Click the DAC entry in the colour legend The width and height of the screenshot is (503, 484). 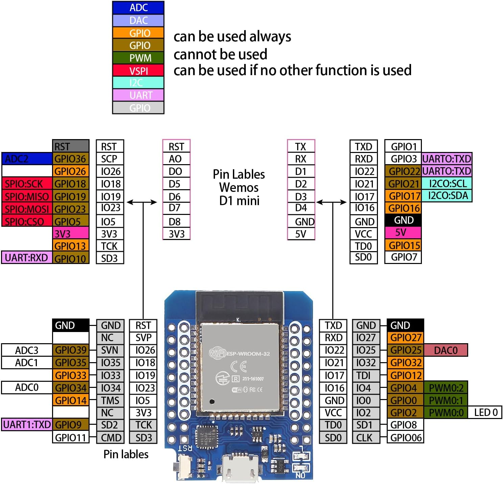(138, 20)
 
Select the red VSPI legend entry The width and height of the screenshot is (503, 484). (138, 70)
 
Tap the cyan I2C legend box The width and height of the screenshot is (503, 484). (138, 83)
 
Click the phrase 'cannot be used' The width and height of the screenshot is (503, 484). (220, 54)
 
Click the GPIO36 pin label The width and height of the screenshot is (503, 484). (71, 158)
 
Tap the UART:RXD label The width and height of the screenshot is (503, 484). (27, 258)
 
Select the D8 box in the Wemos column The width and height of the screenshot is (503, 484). (176, 222)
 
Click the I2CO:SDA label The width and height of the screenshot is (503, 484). (447, 196)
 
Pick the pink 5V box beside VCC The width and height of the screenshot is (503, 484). (403, 232)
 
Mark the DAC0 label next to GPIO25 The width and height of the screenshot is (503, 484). (446, 350)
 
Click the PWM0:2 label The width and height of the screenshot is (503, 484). (446, 388)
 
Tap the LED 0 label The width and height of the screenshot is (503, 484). (485, 412)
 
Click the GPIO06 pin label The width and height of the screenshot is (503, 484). (405, 437)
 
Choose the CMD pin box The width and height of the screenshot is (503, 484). (111, 437)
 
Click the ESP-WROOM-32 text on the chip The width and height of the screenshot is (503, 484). (248, 354)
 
